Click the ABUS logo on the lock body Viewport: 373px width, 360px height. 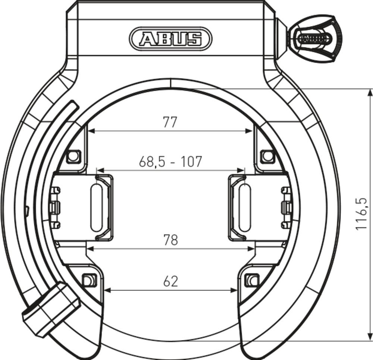coord(170,38)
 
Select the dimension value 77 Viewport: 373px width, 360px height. coord(170,122)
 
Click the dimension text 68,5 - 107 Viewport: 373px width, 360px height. coord(170,161)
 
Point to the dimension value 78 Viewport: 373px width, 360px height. coord(170,240)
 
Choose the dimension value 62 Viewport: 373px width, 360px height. coord(170,281)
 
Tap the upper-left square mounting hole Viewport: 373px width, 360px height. coord(74,156)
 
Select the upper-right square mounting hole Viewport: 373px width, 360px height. coord(267,156)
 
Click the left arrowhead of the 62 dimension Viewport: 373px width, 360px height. coord(107,290)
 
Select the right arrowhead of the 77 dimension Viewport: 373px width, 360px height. coord(250,131)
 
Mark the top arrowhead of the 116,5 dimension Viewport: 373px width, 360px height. coord(369,92)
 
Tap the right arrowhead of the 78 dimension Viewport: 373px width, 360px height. coord(252,248)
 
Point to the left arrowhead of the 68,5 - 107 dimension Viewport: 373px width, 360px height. coord(100,170)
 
